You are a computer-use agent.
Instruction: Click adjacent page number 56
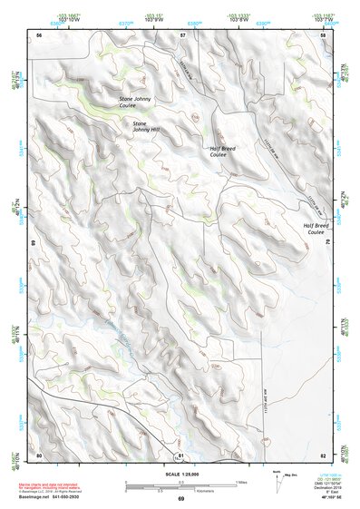click(x=39, y=34)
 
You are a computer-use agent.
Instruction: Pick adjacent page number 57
click(x=182, y=34)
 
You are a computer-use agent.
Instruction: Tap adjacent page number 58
click(x=323, y=34)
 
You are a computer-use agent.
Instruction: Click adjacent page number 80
click(x=39, y=454)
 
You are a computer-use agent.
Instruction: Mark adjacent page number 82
click(x=323, y=454)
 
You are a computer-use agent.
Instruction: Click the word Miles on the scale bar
click(x=239, y=481)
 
